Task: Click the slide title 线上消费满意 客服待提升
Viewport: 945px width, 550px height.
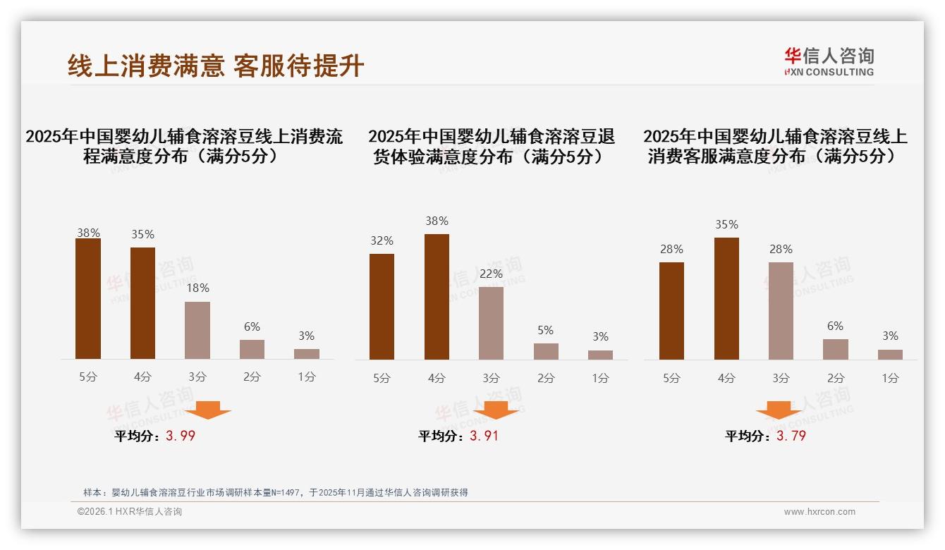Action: coord(216,66)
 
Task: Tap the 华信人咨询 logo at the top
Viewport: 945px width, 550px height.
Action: coord(829,61)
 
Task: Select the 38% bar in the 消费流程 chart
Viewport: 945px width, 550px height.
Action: coord(88,298)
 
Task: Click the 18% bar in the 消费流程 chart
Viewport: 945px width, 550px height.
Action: coord(197,330)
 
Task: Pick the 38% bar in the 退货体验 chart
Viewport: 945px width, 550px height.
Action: coord(437,296)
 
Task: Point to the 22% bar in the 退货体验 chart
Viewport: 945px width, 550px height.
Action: coord(491,323)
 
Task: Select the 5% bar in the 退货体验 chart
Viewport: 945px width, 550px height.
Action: coord(546,351)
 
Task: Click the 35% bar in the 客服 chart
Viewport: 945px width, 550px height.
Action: coord(726,298)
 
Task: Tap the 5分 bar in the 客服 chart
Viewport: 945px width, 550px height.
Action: coord(671,311)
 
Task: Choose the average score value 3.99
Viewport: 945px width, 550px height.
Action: coord(181,436)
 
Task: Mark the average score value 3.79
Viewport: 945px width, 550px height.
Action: coord(791,436)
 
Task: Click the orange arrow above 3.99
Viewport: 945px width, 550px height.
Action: coord(208,410)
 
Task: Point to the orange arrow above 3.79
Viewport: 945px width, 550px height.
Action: coord(779,410)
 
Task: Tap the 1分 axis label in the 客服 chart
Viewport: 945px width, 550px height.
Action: coord(890,378)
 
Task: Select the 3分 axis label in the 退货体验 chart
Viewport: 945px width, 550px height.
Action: coord(491,378)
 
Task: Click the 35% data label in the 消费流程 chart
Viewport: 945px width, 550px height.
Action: coord(142,234)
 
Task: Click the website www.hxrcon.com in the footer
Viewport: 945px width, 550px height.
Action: coord(819,512)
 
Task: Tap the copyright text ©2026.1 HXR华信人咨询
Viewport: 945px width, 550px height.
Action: coord(130,512)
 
